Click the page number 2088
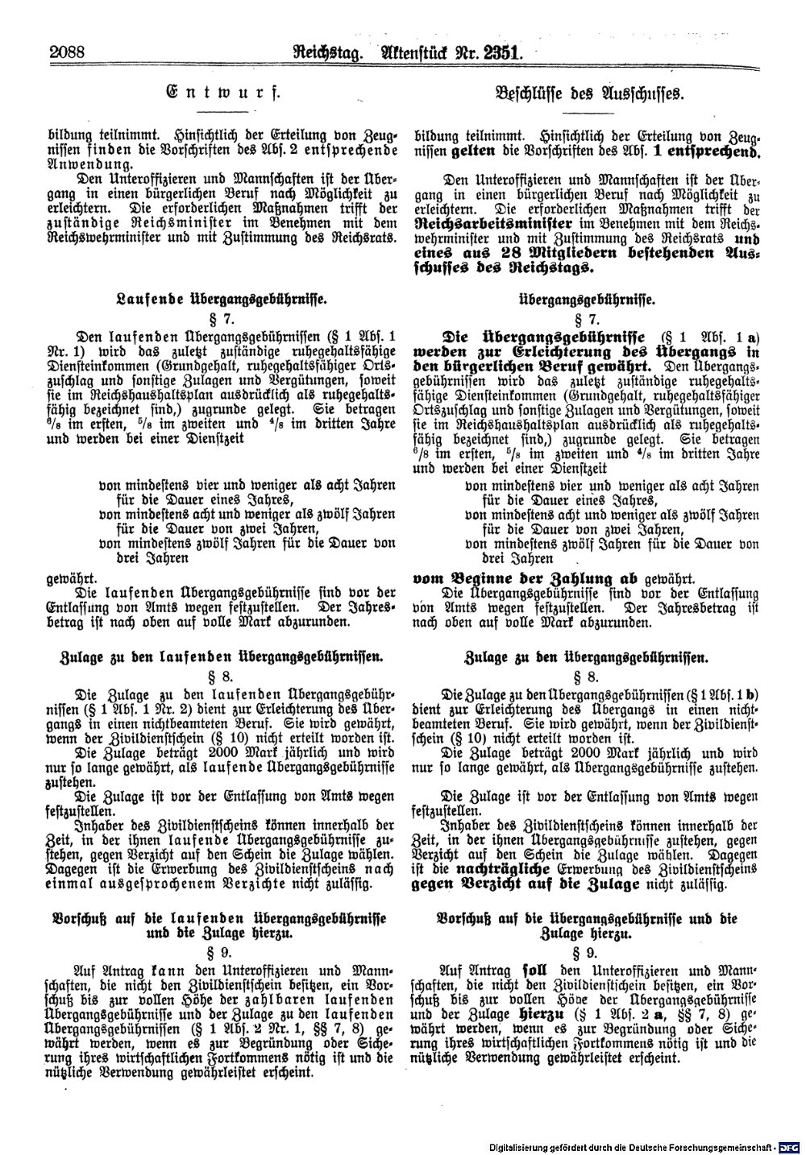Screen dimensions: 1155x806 (67, 54)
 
